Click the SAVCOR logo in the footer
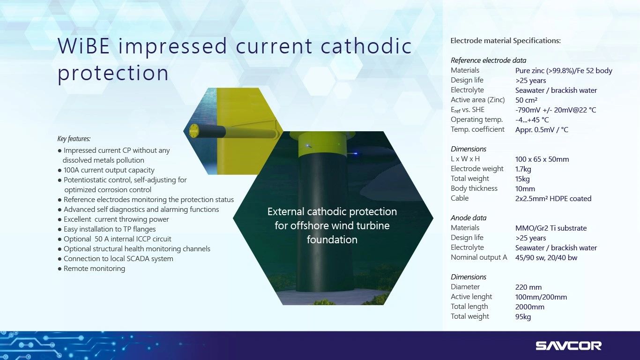(x=569, y=345)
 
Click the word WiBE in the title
(x=84, y=46)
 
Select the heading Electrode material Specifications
(x=506, y=41)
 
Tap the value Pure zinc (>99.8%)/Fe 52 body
(x=564, y=71)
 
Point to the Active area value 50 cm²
(x=526, y=100)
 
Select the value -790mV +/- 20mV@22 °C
(x=556, y=110)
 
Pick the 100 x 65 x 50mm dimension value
(x=542, y=159)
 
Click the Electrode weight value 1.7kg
(x=523, y=169)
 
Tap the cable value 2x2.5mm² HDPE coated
(x=553, y=198)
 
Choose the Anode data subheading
(x=469, y=218)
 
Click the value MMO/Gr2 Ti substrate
(x=551, y=228)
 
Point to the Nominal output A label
(x=479, y=257)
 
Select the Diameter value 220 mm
(x=528, y=287)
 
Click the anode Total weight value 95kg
(x=523, y=316)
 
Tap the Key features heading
(x=74, y=139)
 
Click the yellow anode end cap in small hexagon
(x=193, y=131)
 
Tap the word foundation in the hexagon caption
(x=332, y=240)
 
